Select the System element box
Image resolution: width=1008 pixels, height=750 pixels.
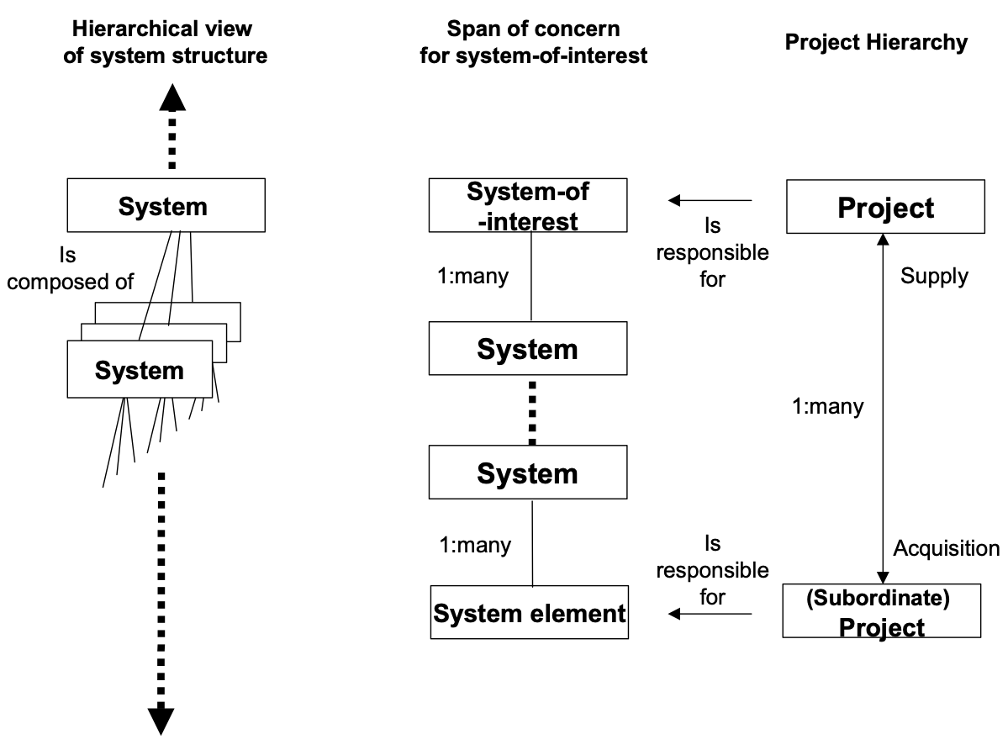tap(529, 613)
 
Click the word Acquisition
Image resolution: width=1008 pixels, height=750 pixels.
tap(946, 549)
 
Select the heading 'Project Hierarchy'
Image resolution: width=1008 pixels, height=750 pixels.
tap(876, 43)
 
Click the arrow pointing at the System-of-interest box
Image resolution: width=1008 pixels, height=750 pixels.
tap(710, 200)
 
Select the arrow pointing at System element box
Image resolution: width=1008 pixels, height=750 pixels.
tap(710, 615)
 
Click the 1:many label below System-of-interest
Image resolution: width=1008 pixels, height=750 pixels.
tap(474, 276)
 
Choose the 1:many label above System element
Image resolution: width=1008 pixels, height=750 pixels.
tap(475, 545)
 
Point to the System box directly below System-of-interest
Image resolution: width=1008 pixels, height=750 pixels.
tap(527, 349)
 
